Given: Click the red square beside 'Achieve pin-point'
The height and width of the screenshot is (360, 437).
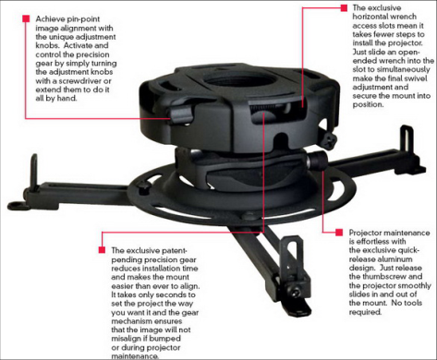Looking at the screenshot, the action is tap(26, 18).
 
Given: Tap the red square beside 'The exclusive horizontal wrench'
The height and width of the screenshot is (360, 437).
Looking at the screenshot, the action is tap(344, 8).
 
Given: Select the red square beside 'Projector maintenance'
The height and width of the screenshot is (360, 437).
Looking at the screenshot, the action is tap(339, 233).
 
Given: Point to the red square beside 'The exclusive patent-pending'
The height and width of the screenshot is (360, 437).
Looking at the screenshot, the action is tap(102, 249).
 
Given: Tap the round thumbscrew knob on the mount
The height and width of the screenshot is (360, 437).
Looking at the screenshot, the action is tap(317, 160).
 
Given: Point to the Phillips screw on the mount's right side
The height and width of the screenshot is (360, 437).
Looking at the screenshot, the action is tap(330, 140).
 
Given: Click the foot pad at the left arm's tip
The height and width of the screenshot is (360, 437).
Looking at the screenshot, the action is tap(18, 205).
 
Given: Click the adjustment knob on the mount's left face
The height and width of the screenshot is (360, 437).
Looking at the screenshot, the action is tap(181, 113).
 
